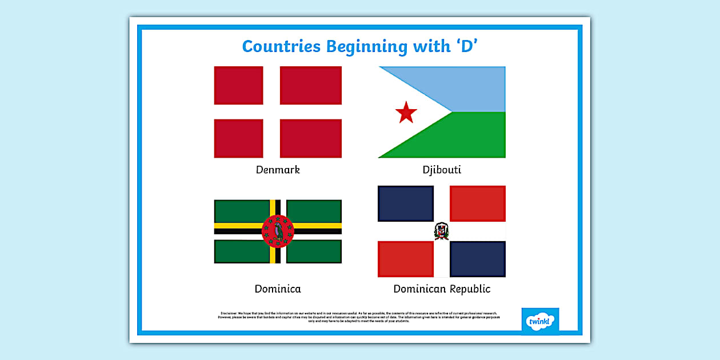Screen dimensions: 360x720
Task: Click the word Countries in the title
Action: [x=281, y=46]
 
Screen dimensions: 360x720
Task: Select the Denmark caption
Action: [x=278, y=170]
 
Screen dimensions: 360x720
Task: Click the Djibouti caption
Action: [x=442, y=170]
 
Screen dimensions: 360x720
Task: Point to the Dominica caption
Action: [x=278, y=289]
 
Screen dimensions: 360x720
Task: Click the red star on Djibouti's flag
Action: [x=406, y=113]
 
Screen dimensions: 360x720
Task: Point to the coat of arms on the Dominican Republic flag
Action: [x=442, y=231]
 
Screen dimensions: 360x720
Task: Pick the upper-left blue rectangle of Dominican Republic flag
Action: [x=406, y=203]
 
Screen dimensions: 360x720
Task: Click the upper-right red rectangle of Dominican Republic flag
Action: [x=478, y=203]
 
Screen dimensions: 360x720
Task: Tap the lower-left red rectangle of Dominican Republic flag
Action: [x=406, y=259]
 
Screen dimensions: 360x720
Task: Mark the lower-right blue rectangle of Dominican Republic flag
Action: [x=478, y=259]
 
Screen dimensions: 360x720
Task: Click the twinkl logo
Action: [x=540, y=321]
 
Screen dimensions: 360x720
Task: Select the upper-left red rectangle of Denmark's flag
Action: [x=238, y=86]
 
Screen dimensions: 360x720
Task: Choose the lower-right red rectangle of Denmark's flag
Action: [x=311, y=138]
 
